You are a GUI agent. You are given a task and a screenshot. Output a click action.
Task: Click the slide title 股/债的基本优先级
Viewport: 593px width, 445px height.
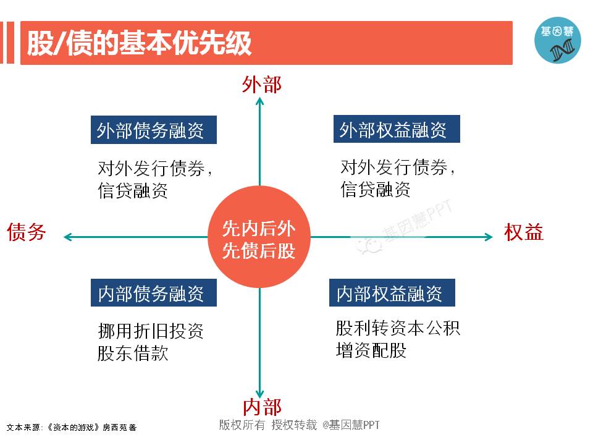pos(139,44)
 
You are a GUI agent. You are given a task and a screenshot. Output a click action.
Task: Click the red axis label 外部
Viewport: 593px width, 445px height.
pos(261,85)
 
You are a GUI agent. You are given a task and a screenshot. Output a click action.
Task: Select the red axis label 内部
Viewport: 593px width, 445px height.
pos(261,407)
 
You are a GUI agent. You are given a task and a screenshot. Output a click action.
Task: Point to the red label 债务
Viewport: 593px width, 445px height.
pos(27,232)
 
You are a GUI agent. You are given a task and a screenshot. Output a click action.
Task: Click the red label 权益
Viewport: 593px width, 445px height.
pos(524,232)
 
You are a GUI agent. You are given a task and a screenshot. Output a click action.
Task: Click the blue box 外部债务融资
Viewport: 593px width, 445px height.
pos(153,130)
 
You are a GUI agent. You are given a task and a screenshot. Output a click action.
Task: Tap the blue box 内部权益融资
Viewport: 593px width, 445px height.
pos(392,294)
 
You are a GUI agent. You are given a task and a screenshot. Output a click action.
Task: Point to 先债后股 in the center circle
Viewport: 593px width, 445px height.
pos(259,251)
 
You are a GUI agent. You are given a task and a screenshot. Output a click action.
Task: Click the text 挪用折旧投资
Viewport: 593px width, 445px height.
pos(150,331)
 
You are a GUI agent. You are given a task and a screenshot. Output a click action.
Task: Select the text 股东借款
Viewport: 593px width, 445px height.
pos(133,353)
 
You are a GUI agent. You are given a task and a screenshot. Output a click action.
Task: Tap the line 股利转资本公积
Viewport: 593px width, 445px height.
pos(397,328)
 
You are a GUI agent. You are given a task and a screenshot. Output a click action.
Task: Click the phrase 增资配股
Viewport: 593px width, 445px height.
pos(371,350)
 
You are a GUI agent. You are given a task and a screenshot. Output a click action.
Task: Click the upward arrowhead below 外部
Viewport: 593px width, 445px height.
pos(260,101)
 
